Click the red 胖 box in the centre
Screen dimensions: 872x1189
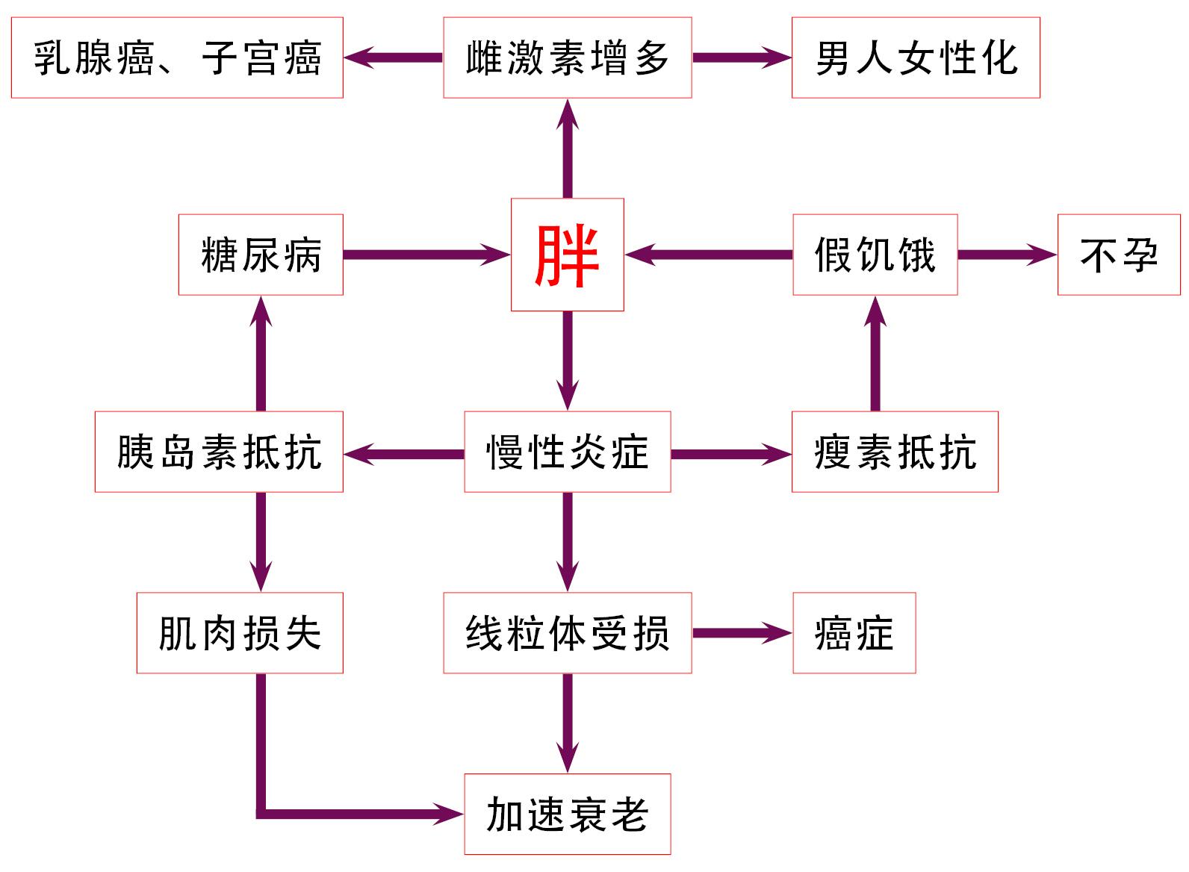pyautogui.click(x=567, y=255)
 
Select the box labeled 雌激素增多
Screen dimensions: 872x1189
pyautogui.click(x=567, y=57)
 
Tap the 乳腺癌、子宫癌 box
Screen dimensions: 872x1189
pyautogui.click(x=177, y=57)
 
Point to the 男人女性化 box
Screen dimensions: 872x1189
pyautogui.click(x=916, y=57)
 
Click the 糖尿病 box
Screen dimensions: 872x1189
pyautogui.click(x=261, y=255)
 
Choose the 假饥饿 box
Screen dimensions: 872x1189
pyautogui.click(x=875, y=255)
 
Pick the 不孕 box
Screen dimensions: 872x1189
pyautogui.click(x=1119, y=255)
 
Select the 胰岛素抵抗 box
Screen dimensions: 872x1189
pyautogui.click(x=219, y=452)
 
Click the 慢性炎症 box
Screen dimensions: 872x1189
pyautogui.click(x=567, y=452)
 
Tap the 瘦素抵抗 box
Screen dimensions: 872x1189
pyautogui.click(x=895, y=452)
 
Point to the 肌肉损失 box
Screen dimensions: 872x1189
pyautogui.click(x=240, y=633)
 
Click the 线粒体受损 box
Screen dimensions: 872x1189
pyautogui.click(x=567, y=633)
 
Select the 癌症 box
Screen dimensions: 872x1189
pyautogui.click(x=854, y=633)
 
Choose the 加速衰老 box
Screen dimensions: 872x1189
pyautogui.click(x=567, y=814)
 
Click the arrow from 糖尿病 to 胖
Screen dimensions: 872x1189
pyautogui.click(x=426, y=255)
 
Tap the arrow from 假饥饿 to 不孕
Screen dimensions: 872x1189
pyautogui.click(x=1007, y=255)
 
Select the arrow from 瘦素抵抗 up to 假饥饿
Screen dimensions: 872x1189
pyautogui.click(x=875, y=355)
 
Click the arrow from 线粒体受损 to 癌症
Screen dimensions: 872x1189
pyautogui.click(x=741, y=633)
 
